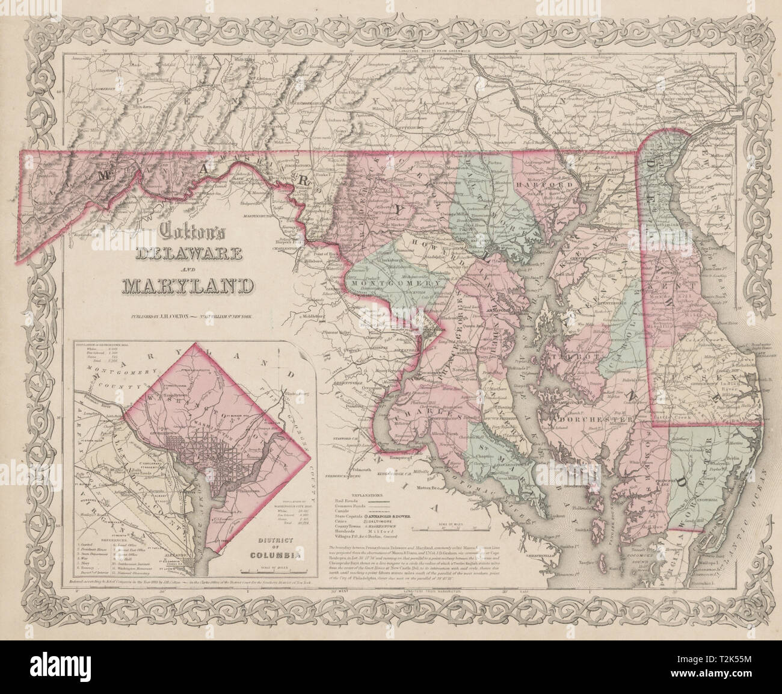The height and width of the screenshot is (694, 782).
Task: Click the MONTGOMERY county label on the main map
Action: coord(392,282)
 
